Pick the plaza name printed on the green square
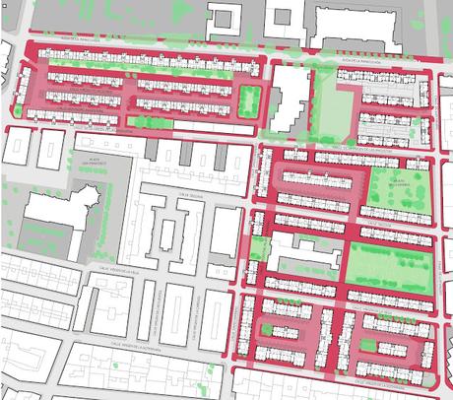[x=398, y=183]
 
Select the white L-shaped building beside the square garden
[x=287, y=98]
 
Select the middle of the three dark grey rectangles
[x=187, y=152]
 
